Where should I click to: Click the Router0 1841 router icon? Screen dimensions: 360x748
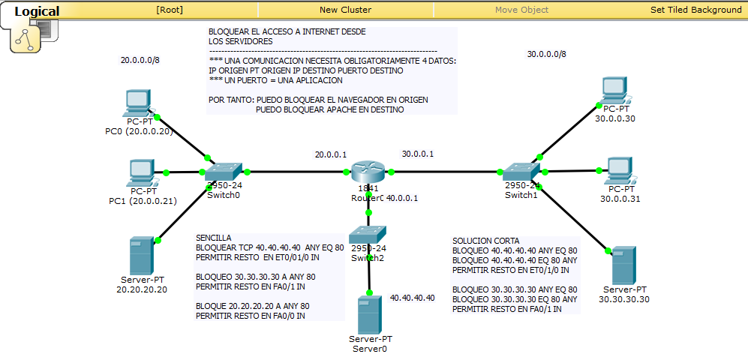click(368, 171)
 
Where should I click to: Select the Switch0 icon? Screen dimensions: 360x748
click(224, 171)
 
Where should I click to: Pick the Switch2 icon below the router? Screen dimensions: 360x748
click(368, 234)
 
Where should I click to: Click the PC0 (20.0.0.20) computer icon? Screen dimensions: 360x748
click(139, 103)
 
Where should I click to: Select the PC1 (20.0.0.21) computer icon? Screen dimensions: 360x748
click(140, 172)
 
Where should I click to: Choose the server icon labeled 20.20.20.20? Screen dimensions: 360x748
click(139, 256)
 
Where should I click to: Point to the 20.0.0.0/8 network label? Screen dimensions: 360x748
click(140, 60)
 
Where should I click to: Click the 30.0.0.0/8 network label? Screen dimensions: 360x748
click(547, 54)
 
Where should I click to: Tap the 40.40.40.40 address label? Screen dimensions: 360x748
click(412, 298)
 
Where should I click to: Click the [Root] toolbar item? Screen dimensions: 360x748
click(170, 10)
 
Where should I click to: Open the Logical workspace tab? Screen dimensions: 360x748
click(37, 11)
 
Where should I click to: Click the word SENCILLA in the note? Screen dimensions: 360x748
click(214, 236)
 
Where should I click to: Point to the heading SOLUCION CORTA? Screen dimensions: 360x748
click(485, 241)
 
